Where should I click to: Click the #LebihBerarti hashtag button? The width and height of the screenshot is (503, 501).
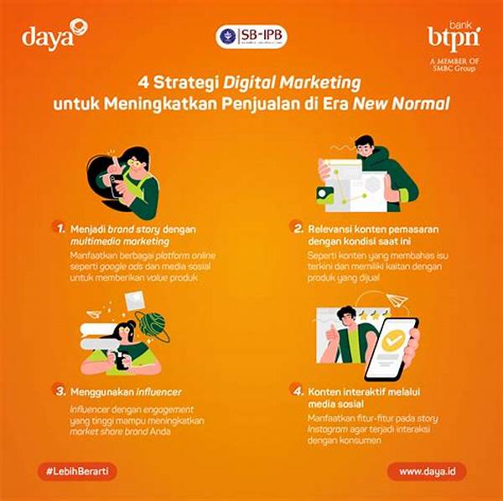coord(76,471)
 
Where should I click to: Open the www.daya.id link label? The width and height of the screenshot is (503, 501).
coord(428,471)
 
